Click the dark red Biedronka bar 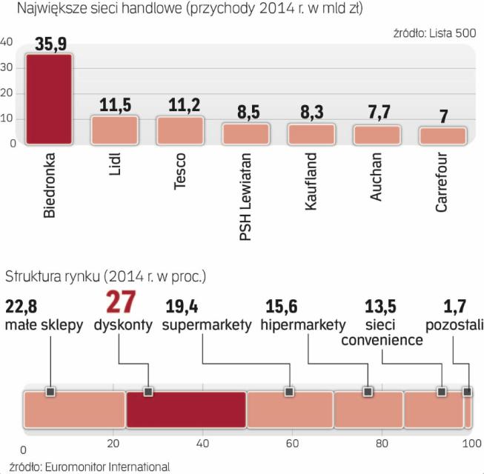[x=48, y=99]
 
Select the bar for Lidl [x=113, y=130]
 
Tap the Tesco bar [x=179, y=130]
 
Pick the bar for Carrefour [x=442, y=136]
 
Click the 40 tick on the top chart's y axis [x=7, y=42]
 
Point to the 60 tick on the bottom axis [x=291, y=443]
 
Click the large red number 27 [x=123, y=304]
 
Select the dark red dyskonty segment [x=185, y=410]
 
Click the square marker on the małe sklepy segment [x=50, y=392]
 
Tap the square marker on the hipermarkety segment [x=368, y=392]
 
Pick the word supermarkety [x=207, y=325]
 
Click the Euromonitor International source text [x=87, y=467]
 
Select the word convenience [x=382, y=340]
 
